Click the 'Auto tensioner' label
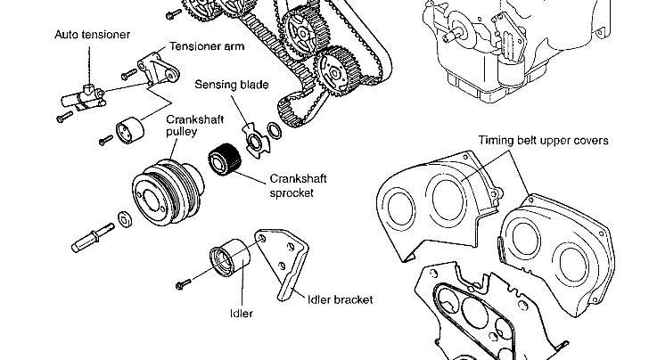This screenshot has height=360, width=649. coord(92,34)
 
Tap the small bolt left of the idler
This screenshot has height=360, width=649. coord(184,283)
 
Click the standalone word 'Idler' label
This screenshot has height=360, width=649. coord(241,314)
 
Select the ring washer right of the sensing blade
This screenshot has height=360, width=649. coord(275,133)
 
